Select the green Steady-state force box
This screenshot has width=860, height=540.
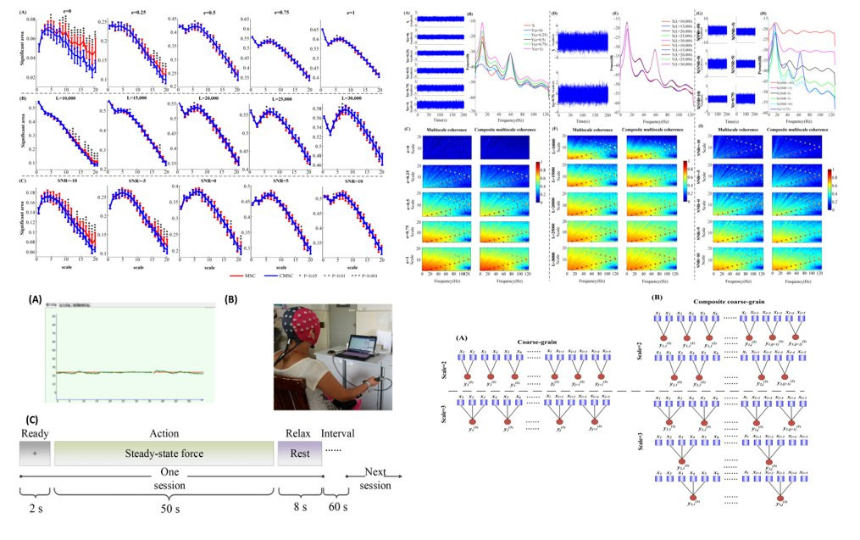point(165,453)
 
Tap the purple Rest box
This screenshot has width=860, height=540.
point(300,453)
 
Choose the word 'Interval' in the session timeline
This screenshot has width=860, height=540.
point(339,433)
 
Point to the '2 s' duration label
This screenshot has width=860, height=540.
point(36,510)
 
